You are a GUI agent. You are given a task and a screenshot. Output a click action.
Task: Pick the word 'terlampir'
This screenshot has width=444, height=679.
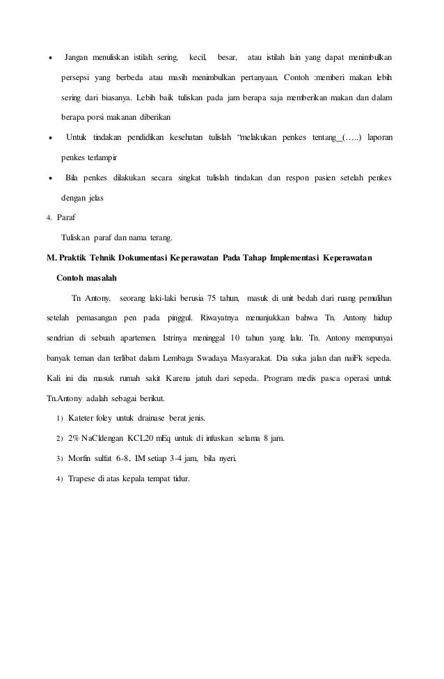click(108, 158)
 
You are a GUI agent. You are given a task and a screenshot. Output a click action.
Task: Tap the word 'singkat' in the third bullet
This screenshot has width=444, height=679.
click(186, 178)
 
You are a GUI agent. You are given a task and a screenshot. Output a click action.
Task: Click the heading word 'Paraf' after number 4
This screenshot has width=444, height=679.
click(68, 218)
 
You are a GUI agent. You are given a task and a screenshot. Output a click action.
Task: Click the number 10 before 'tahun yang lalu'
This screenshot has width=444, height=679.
click(237, 340)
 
